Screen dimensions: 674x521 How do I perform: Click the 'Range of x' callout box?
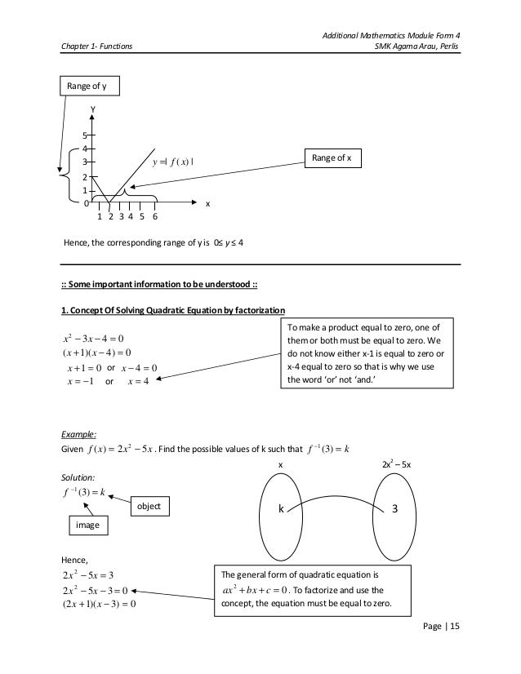pyautogui.click(x=331, y=158)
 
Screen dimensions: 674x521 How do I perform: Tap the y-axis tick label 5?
pyautogui.click(x=85, y=135)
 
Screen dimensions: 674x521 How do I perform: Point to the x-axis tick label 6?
pyautogui.click(x=154, y=216)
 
